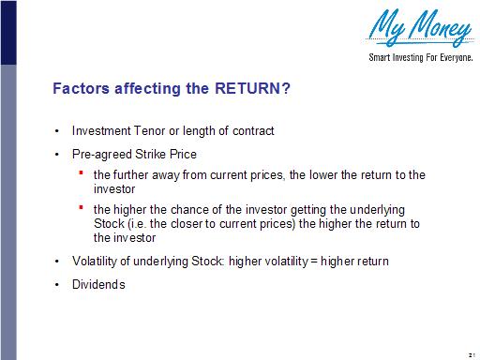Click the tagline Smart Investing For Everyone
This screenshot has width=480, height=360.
pos(418,57)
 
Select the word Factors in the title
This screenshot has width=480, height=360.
pos(80,90)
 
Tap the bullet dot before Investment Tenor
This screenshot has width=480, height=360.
pos(58,130)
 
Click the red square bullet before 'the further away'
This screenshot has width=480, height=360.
pos(82,173)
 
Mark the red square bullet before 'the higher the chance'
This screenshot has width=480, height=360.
pos(82,208)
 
